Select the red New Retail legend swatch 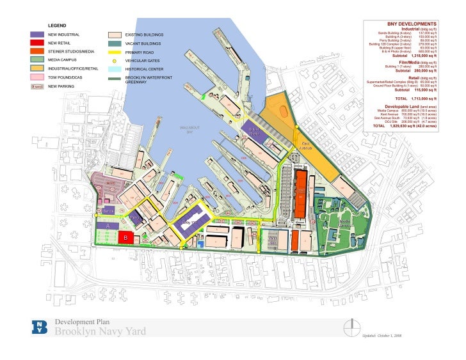tap(37, 42)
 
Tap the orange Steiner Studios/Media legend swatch tap(37, 51)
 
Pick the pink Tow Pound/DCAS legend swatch tap(37, 77)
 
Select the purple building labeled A tap(108, 225)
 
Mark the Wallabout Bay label tap(190, 129)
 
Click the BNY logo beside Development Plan tap(40, 327)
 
